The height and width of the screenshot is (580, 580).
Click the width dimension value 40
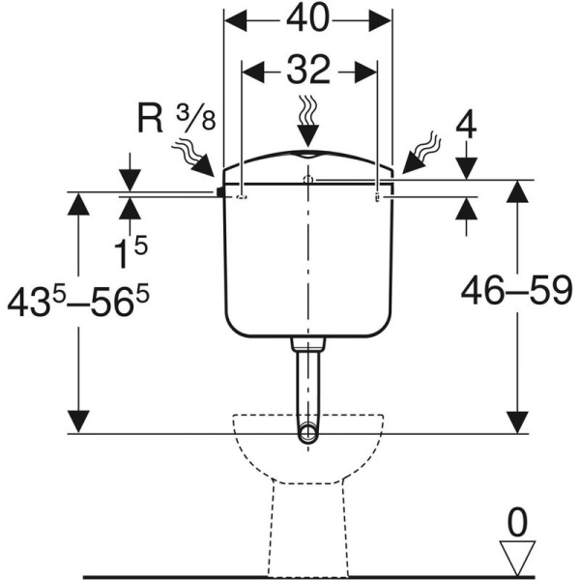(x=307, y=20)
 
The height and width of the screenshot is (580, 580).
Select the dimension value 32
(x=307, y=71)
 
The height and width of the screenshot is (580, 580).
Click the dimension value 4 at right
(x=466, y=128)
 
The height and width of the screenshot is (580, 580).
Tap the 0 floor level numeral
(x=518, y=525)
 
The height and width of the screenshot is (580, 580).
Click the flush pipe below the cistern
(x=307, y=387)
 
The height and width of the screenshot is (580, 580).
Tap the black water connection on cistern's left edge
(x=221, y=192)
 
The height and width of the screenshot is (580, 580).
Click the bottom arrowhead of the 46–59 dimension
(x=519, y=423)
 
